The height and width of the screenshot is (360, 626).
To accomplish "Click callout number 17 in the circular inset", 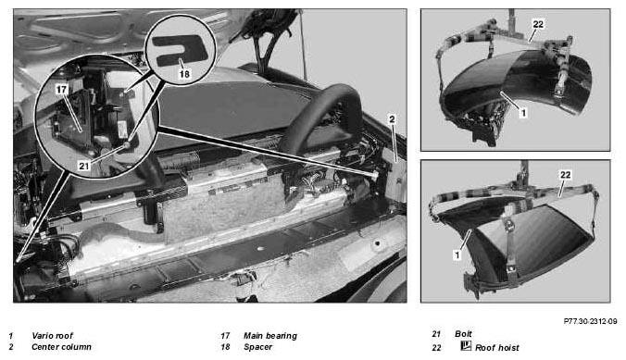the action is click(x=61, y=89).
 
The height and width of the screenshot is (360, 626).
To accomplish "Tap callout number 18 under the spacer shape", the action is click(x=184, y=74).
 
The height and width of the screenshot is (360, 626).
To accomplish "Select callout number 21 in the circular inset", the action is click(x=83, y=166).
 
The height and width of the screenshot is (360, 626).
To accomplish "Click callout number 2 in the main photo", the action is click(x=392, y=119).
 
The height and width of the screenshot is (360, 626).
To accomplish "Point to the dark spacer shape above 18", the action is click(x=181, y=49).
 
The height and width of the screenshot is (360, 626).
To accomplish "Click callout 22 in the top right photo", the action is click(x=538, y=24).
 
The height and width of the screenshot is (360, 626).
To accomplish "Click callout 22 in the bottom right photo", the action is click(x=565, y=175).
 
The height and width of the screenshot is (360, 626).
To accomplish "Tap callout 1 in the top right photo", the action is click(x=523, y=113).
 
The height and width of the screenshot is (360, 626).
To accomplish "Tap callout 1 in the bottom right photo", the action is click(x=457, y=254).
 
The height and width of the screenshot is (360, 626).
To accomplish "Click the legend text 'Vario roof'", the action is click(x=52, y=336).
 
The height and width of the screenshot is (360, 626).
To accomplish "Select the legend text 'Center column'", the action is click(x=61, y=347).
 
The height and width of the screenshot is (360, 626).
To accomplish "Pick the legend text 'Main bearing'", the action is click(x=270, y=336).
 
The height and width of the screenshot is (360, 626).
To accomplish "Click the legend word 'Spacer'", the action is click(x=258, y=347).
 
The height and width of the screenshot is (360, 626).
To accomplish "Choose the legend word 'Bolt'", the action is click(x=464, y=334).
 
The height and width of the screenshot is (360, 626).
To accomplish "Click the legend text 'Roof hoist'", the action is click(x=497, y=348).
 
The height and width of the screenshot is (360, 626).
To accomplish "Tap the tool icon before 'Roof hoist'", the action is click(x=466, y=345).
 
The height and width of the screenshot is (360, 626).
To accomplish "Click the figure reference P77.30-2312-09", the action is click(x=590, y=321).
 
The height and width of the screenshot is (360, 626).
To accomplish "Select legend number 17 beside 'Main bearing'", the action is click(x=226, y=336).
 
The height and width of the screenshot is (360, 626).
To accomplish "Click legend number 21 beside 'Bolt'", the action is click(x=436, y=334).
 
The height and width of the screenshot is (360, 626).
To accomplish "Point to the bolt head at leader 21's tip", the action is click(x=127, y=145).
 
